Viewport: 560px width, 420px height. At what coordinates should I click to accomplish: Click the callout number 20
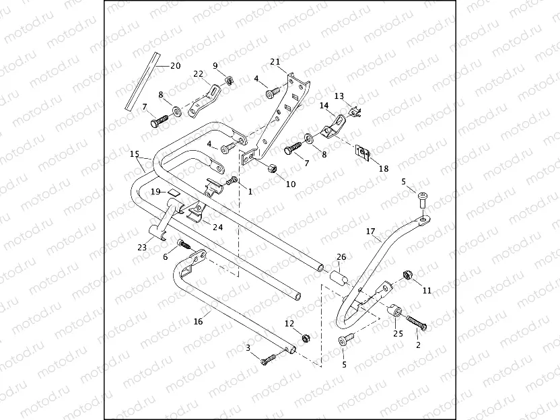pyautogui.click(x=175, y=65)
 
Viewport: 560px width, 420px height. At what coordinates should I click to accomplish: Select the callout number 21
pyautogui.click(x=275, y=61)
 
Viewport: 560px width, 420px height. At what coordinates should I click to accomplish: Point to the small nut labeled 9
pyautogui.click(x=229, y=81)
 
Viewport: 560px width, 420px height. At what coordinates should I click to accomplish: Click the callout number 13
pyautogui.click(x=339, y=96)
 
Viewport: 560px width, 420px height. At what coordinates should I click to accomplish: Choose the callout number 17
pyautogui.click(x=370, y=232)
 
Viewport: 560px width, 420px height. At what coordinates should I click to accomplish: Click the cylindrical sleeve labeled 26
pyautogui.click(x=338, y=276)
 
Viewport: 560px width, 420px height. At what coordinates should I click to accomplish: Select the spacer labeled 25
pyautogui.click(x=396, y=312)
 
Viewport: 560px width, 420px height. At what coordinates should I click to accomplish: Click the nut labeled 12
pyautogui.click(x=304, y=337)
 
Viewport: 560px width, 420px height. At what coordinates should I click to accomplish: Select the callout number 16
pyautogui.click(x=198, y=322)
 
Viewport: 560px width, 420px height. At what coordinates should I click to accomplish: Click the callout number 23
pyautogui.click(x=141, y=248)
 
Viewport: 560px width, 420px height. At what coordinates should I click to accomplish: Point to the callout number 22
pyautogui.click(x=198, y=73)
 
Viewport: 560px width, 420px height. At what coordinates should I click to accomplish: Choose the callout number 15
pyautogui.click(x=135, y=154)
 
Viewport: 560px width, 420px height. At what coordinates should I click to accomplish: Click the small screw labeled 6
pyautogui.click(x=182, y=244)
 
